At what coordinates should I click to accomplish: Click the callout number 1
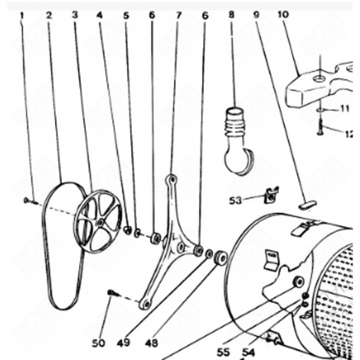click(x=22, y=15)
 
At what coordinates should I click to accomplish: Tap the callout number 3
click(x=74, y=15)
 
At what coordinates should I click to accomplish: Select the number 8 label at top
click(x=231, y=15)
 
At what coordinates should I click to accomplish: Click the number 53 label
click(x=234, y=200)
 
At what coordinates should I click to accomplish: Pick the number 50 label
click(x=98, y=342)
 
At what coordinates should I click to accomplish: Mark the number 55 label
click(x=223, y=352)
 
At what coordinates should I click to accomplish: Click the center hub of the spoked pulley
click(x=100, y=222)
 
